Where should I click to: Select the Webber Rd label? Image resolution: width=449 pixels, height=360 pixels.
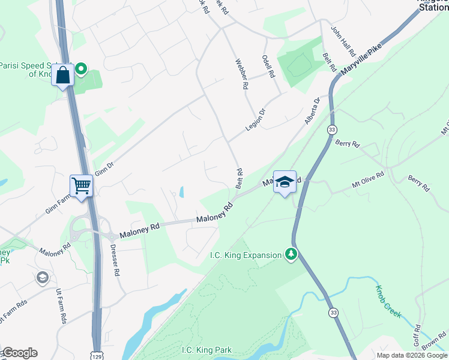click(x=241, y=74)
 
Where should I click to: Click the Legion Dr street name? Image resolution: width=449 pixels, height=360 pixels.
click(x=255, y=120)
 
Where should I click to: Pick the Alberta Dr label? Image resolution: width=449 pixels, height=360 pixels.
click(x=312, y=112)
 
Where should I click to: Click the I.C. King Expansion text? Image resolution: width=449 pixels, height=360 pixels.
click(x=246, y=255)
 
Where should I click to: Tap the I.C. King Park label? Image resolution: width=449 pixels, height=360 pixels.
click(x=206, y=350)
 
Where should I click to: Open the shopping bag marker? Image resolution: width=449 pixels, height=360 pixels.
click(x=63, y=75)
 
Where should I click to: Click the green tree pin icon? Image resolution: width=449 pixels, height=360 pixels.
click(x=291, y=254)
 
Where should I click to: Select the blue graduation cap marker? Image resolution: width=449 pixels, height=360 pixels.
click(x=285, y=182)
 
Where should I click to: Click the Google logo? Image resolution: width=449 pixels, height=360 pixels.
click(x=19, y=353)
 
